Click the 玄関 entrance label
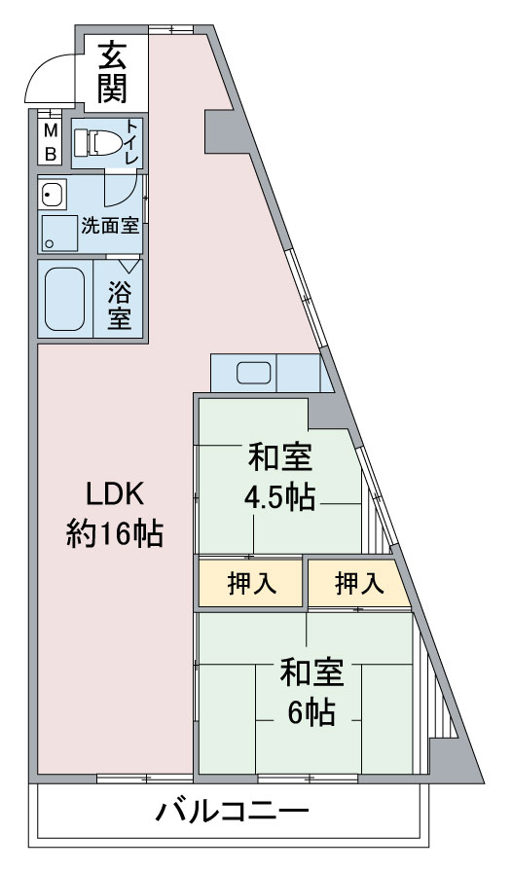coord(113,72)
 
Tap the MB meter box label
coord(50,142)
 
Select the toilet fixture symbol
coord(97,143)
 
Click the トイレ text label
coord(131,141)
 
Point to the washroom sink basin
coord(53,195)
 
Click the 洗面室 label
coord(110,226)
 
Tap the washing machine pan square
coord(57,234)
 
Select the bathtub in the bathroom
coord(64,299)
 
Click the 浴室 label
coord(120,305)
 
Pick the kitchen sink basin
coord(254,373)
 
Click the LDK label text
coord(115,493)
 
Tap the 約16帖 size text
coord(115,532)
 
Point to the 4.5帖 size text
coord(280,497)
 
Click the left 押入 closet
coord(250,583)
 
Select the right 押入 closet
coord(359,583)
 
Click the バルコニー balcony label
coord(232,813)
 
